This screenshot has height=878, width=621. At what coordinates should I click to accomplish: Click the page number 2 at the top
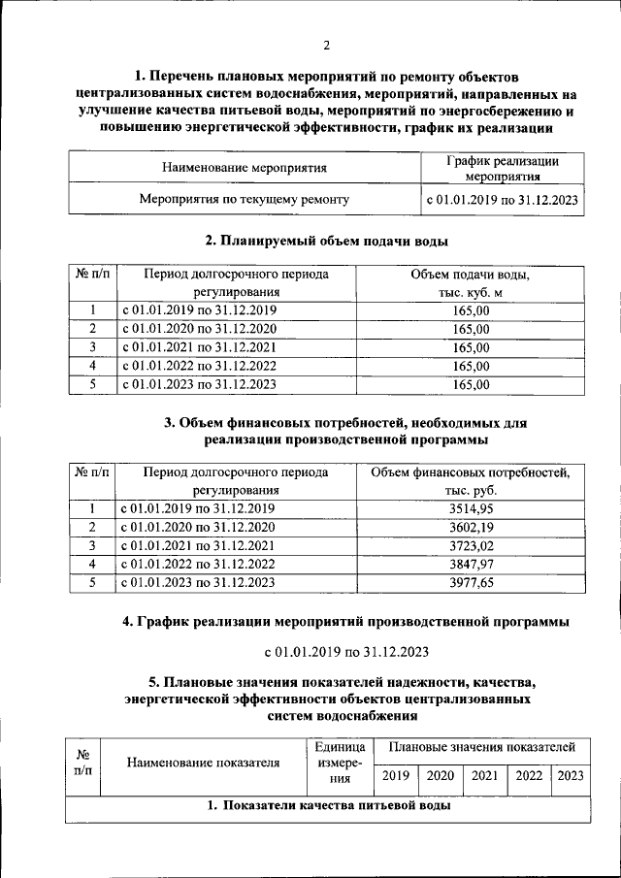[327, 46]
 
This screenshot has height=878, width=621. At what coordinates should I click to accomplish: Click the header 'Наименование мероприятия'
[244, 168]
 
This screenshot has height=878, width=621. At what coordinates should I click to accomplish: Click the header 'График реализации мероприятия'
[502, 168]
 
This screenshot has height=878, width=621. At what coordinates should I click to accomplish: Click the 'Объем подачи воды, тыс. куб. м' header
[470, 282]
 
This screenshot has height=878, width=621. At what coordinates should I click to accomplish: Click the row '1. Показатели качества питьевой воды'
[326, 806]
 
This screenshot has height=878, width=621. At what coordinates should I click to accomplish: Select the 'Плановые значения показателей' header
[481, 747]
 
